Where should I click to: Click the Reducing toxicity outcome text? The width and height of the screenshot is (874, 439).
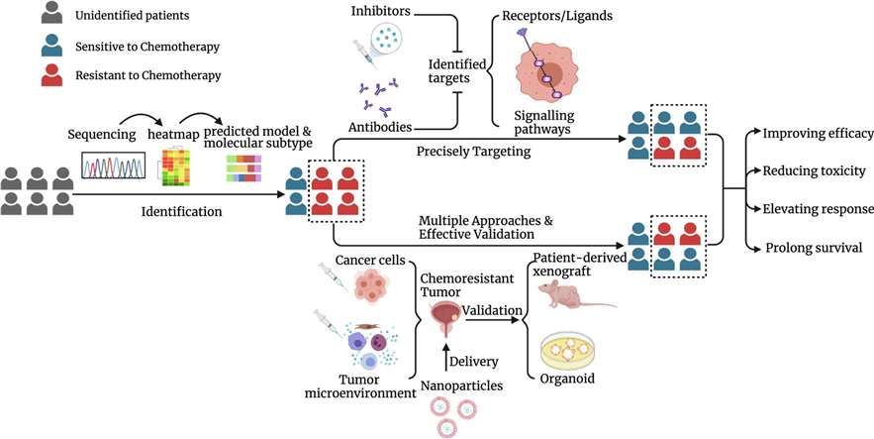(814, 170)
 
